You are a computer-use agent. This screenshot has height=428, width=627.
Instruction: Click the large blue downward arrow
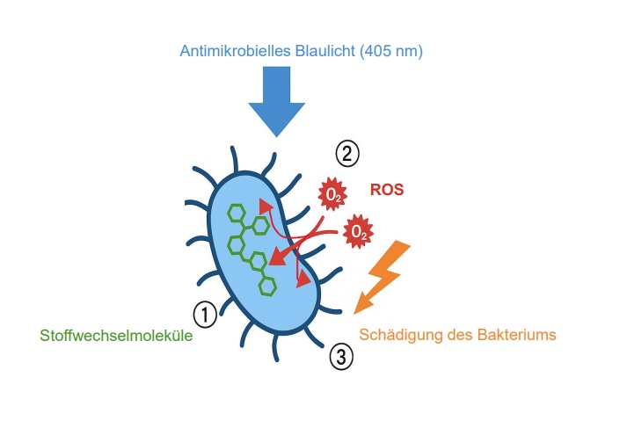(x=276, y=100)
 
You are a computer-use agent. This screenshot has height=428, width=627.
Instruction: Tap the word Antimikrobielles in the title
(x=236, y=51)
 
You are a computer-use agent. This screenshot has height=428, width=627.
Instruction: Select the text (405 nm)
(x=390, y=52)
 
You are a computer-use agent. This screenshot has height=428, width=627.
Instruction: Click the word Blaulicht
(x=325, y=51)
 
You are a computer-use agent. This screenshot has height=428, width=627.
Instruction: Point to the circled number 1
(x=205, y=315)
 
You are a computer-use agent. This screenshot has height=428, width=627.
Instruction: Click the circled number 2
(x=347, y=154)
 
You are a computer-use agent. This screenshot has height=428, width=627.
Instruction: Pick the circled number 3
(x=341, y=357)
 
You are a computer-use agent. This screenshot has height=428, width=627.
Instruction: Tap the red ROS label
(x=387, y=190)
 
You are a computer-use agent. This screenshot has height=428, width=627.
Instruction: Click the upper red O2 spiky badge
(x=332, y=194)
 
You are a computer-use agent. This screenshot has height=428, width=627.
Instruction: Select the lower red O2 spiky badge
(x=358, y=231)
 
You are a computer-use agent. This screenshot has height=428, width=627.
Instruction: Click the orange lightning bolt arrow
(x=381, y=278)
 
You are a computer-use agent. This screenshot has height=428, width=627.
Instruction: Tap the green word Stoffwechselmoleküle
(x=116, y=336)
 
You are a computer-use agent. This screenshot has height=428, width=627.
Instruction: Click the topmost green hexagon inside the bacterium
(x=237, y=214)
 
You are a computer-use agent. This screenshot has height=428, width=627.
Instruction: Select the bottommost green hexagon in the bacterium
(x=267, y=287)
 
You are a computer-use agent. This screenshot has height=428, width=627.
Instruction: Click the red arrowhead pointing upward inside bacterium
(x=265, y=206)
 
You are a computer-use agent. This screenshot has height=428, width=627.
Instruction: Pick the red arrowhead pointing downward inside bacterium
(x=303, y=279)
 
